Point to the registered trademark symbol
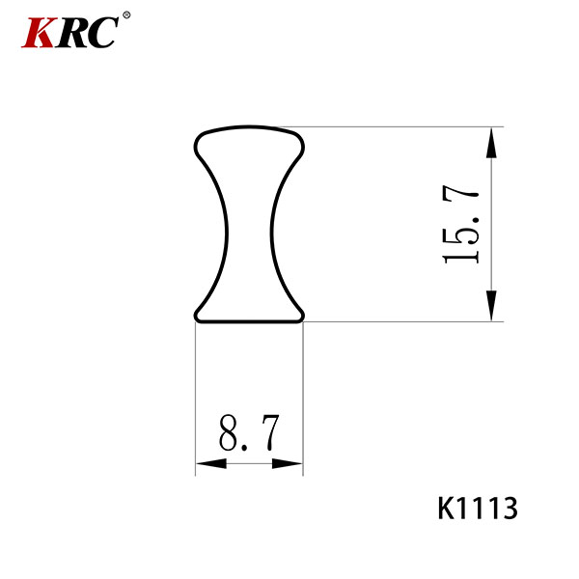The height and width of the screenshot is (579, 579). click(126, 15)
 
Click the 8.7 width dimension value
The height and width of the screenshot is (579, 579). click(249, 432)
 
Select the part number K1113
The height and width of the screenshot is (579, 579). click(478, 509)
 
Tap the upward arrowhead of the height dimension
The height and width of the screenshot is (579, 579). click(491, 143)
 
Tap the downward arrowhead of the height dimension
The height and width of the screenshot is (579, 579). click(491, 305)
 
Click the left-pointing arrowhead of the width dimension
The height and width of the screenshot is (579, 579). click(211, 463)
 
